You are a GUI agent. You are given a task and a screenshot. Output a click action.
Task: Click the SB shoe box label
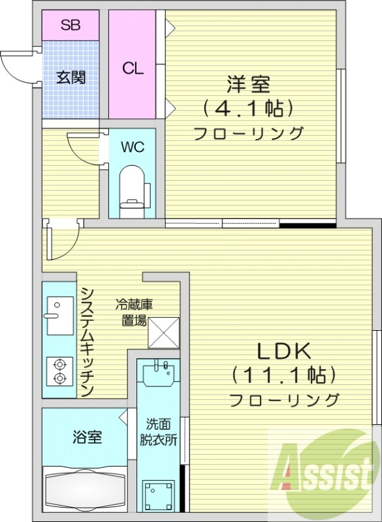[70, 25]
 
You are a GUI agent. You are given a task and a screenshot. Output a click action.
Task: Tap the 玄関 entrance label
[70, 77]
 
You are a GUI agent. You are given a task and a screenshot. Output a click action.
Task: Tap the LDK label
[283, 351]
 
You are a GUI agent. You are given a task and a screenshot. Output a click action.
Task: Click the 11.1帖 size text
[283, 375]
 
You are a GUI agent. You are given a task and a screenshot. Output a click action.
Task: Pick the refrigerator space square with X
[163, 333]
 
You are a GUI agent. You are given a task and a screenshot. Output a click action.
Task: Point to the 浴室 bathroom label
[87, 437]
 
